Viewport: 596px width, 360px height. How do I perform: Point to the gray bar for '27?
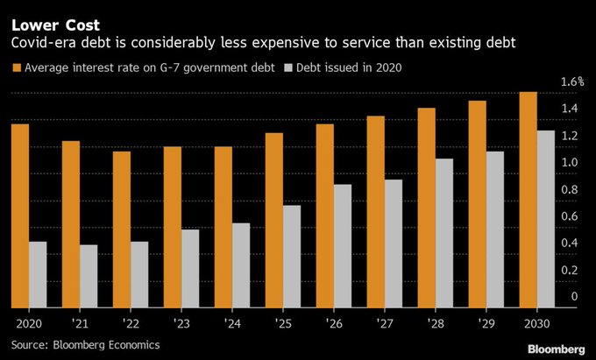(394, 244)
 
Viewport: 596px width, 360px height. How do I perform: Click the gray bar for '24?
(241, 265)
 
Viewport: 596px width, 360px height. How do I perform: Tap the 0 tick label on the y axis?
(574, 297)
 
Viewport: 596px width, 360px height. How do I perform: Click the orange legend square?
(17, 67)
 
